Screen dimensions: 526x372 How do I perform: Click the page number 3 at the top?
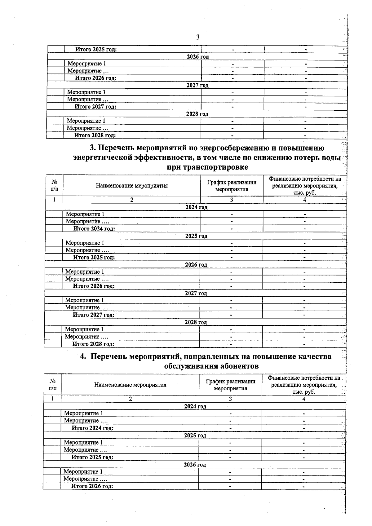point(198,38)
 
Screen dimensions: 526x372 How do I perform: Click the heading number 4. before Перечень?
point(83,356)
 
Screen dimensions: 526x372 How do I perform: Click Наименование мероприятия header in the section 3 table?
point(132,186)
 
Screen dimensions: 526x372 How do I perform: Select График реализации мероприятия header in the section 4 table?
point(231,385)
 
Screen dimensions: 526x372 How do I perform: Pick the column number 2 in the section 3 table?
point(132,200)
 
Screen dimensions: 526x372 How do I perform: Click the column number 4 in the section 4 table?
point(304,399)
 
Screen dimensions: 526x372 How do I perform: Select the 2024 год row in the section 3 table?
point(196,207)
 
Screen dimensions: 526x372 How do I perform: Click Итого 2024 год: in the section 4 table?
point(92,428)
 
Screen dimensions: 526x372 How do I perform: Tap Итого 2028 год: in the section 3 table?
point(93,344)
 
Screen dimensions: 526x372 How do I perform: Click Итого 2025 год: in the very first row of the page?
point(96,49)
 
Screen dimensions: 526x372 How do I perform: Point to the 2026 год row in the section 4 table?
point(195,465)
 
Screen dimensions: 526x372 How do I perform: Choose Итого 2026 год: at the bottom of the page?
point(92,486)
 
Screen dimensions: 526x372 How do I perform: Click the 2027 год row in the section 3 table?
point(196,293)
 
